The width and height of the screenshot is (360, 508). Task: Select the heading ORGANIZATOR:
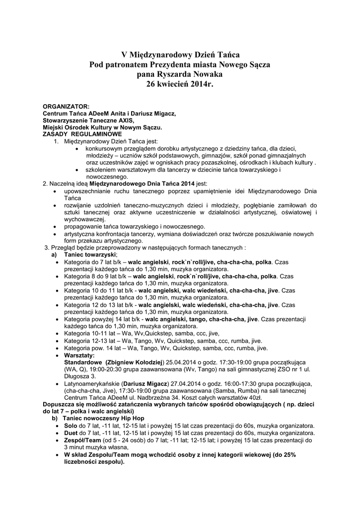tap(66, 106)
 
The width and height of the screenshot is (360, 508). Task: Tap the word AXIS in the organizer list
tap(125, 120)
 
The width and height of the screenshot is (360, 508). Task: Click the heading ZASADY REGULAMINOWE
tap(82, 134)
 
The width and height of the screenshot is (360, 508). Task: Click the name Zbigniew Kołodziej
tap(135, 363)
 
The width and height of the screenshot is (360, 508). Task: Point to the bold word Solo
tap(71, 426)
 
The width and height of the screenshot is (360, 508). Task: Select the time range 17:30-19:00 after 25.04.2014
tap(244, 363)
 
